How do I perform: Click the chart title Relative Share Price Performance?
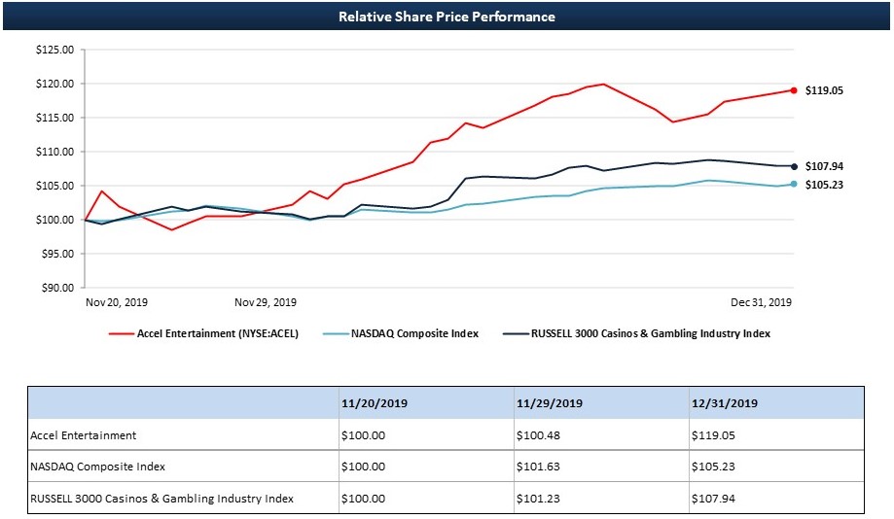pyautogui.click(x=447, y=17)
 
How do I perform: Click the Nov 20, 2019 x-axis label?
pyautogui.click(x=117, y=302)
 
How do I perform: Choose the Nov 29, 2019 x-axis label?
pyautogui.click(x=266, y=302)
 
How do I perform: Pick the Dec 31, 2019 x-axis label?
pyautogui.click(x=762, y=302)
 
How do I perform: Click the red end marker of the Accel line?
pyautogui.click(x=794, y=90)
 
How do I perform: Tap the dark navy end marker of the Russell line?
pyautogui.click(x=794, y=166)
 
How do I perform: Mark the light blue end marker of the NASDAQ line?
pyautogui.click(x=794, y=184)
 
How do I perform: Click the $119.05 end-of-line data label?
pyautogui.click(x=824, y=90)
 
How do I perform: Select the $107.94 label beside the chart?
pyautogui.click(x=824, y=166)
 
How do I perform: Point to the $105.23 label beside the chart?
pyautogui.click(x=824, y=185)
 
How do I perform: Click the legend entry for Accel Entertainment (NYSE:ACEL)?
pyautogui.click(x=217, y=333)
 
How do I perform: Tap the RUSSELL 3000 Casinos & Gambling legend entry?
pyautogui.click(x=650, y=333)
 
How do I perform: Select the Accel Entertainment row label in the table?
pyautogui.click(x=84, y=435)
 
